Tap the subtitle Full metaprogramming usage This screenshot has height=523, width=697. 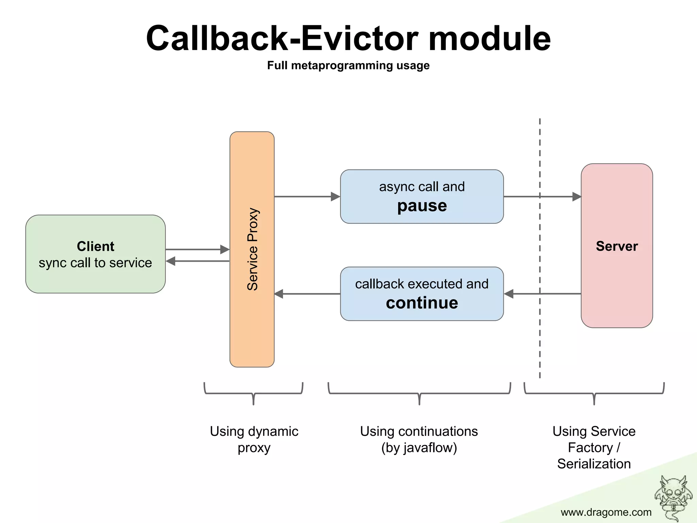coord(348,65)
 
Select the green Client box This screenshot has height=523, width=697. coord(95,254)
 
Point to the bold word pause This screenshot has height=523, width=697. coord(422,206)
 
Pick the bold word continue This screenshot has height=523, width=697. coord(422,303)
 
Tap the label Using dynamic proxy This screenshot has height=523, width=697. coord(254,439)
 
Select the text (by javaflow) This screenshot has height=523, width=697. coord(419,448)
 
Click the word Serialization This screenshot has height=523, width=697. coord(594,464)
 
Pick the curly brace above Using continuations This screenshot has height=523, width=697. coord(419,393)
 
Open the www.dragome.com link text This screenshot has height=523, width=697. coord(606,512)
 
